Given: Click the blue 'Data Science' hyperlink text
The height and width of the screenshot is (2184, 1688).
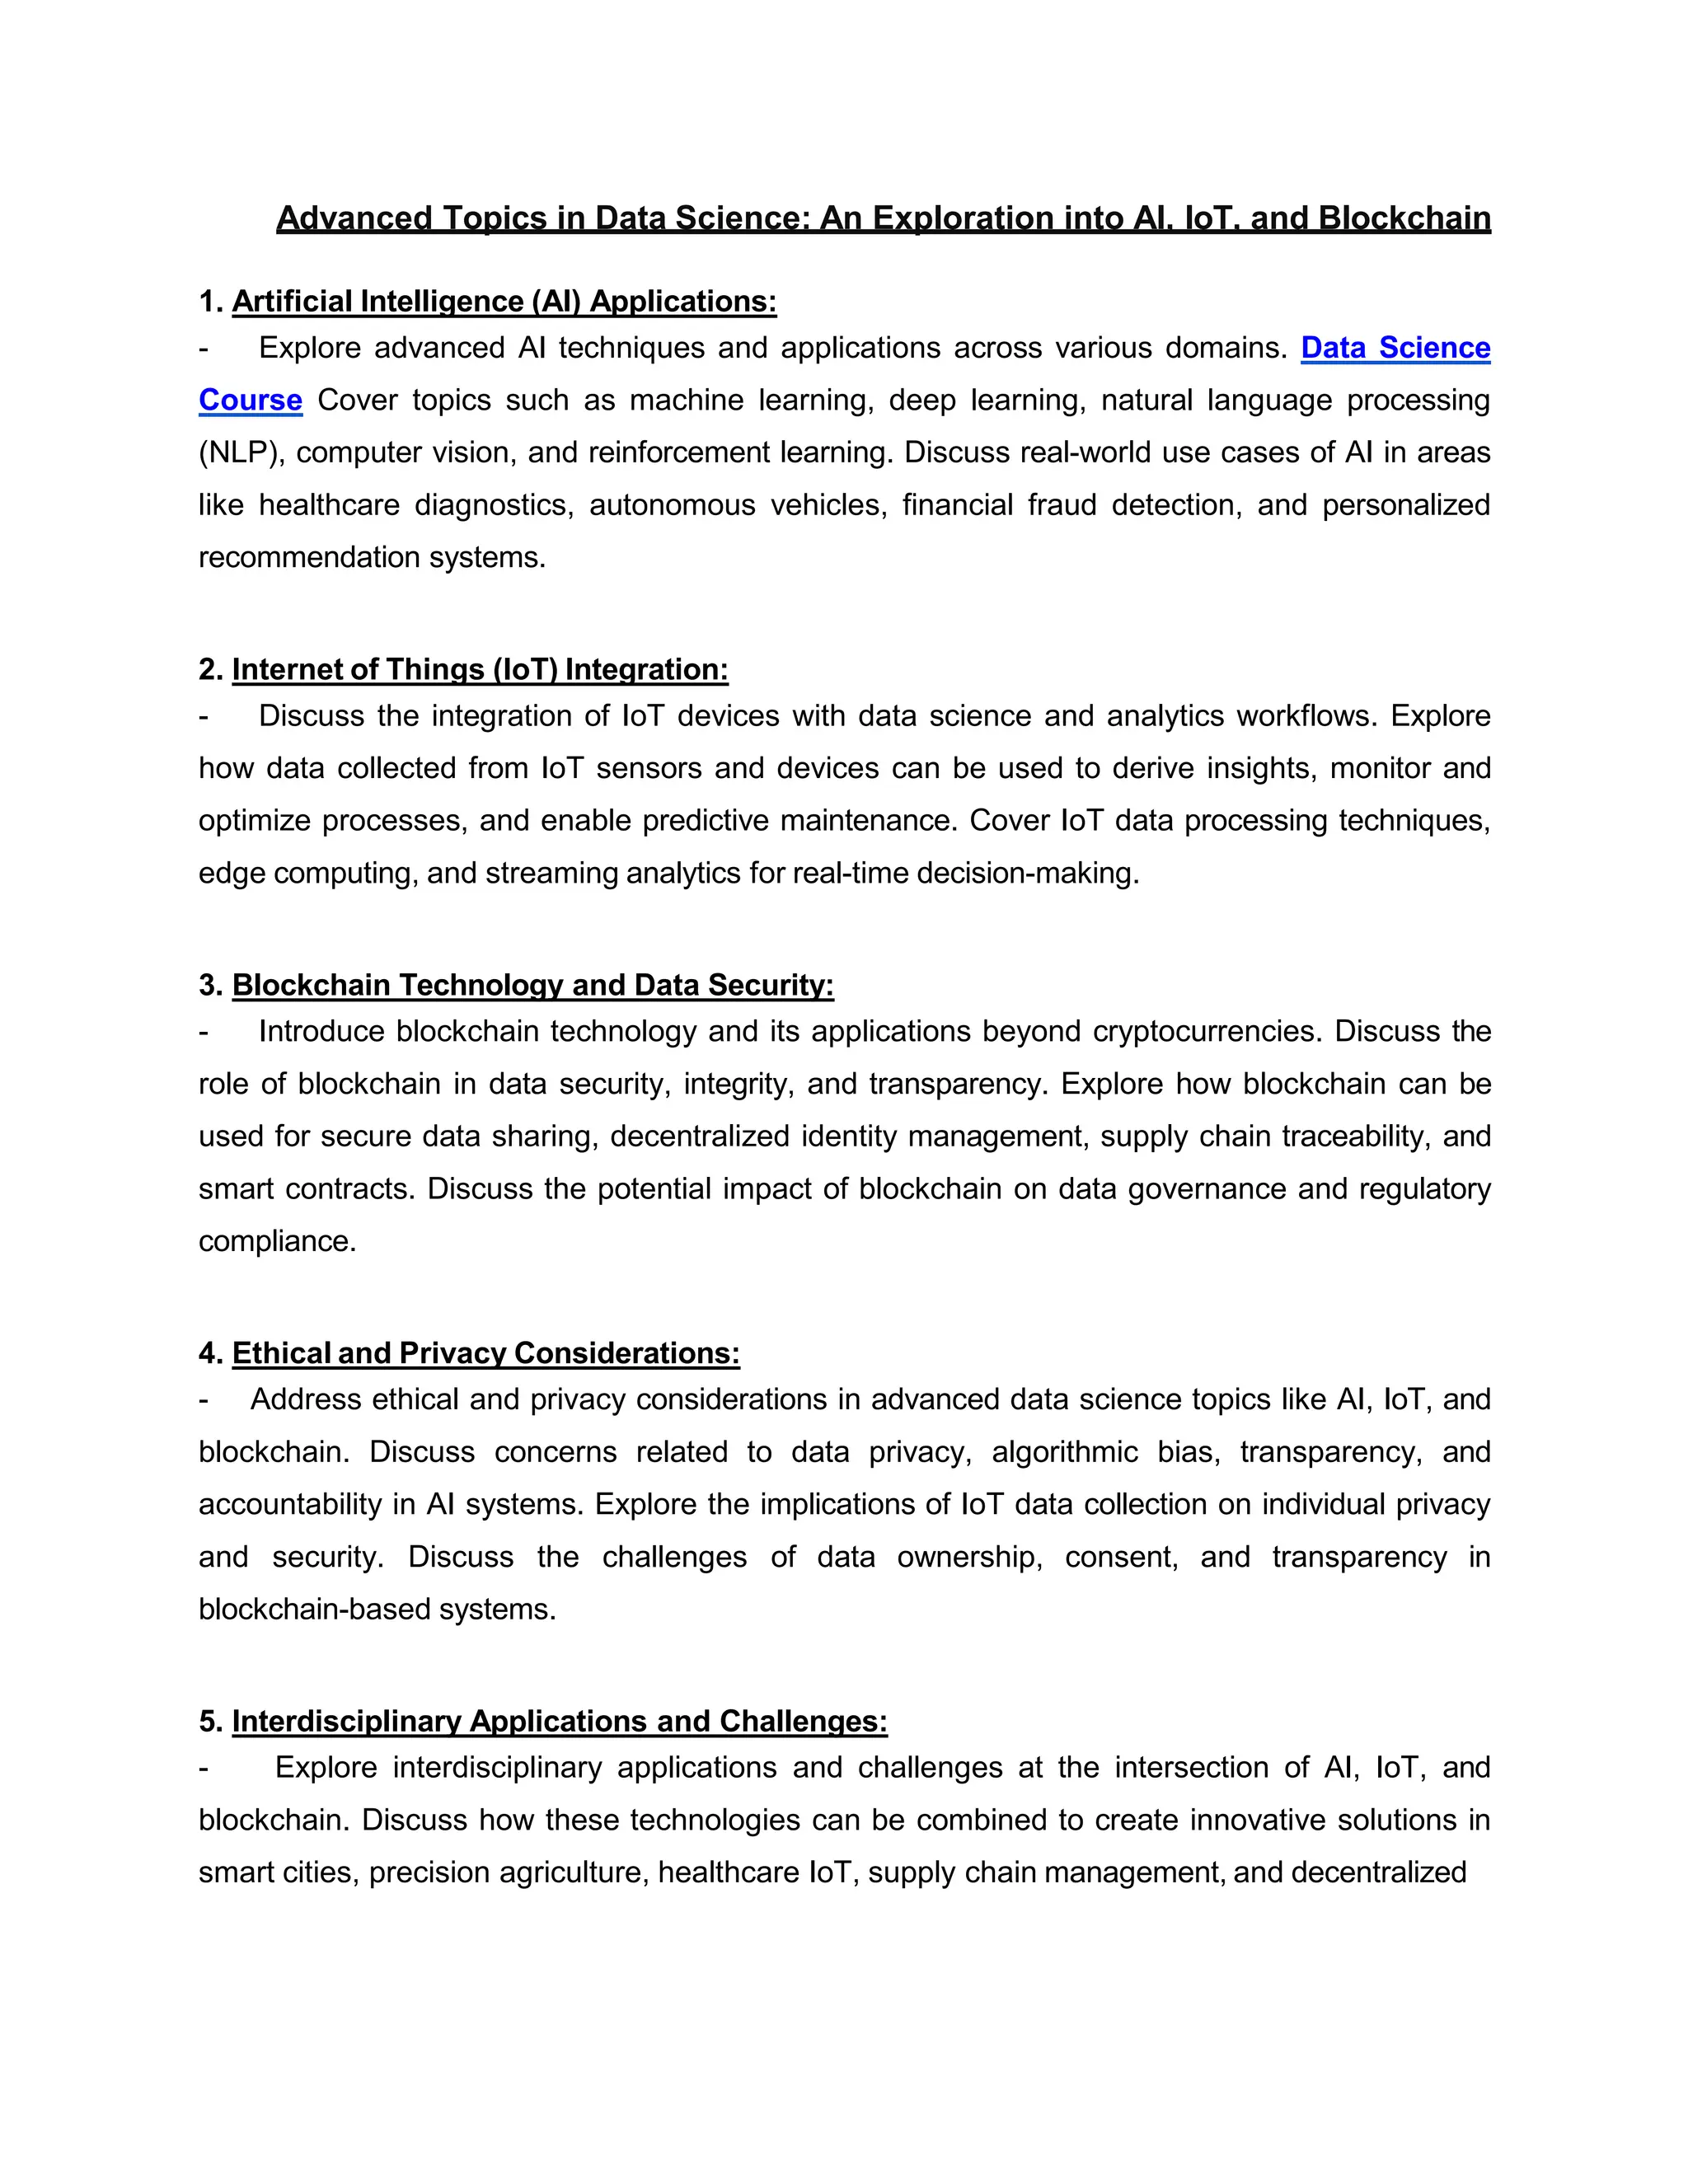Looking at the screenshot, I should pos(1395,348).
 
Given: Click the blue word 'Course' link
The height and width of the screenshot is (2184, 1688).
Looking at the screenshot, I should pos(250,400).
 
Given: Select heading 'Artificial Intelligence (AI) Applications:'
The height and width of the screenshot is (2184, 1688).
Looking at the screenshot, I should pos(504,301).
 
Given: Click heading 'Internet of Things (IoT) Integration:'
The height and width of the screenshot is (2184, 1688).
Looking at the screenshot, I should pos(480,669).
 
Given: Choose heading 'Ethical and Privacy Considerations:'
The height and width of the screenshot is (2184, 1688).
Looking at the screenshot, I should pos(486,1353).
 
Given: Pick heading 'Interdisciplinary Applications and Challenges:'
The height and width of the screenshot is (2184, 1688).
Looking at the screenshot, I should pos(559,1721).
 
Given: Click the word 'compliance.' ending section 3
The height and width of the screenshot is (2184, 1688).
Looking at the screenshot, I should pos(277,1241).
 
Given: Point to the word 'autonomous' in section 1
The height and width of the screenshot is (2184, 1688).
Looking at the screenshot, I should pos(672,505).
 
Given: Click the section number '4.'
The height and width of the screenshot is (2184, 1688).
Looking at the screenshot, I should pos(210,1353).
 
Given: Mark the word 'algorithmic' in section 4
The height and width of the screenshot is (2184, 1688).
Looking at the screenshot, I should pos(1064,1452).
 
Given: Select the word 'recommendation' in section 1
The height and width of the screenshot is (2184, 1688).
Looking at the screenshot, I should pos(309,557).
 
